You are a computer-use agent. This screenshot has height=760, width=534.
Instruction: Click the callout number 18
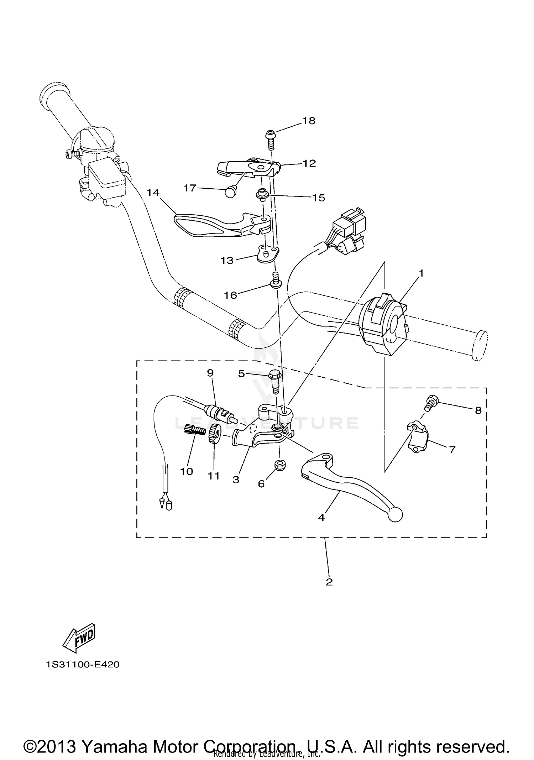[x=309, y=121]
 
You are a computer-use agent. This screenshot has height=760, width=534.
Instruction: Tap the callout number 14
[x=153, y=193]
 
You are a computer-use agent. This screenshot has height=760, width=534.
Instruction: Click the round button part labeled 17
[x=231, y=193]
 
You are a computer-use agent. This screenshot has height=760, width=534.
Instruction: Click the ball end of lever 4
[x=396, y=515]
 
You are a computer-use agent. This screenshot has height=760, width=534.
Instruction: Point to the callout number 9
[x=210, y=373]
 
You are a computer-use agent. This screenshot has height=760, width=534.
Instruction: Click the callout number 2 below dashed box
[x=329, y=582]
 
